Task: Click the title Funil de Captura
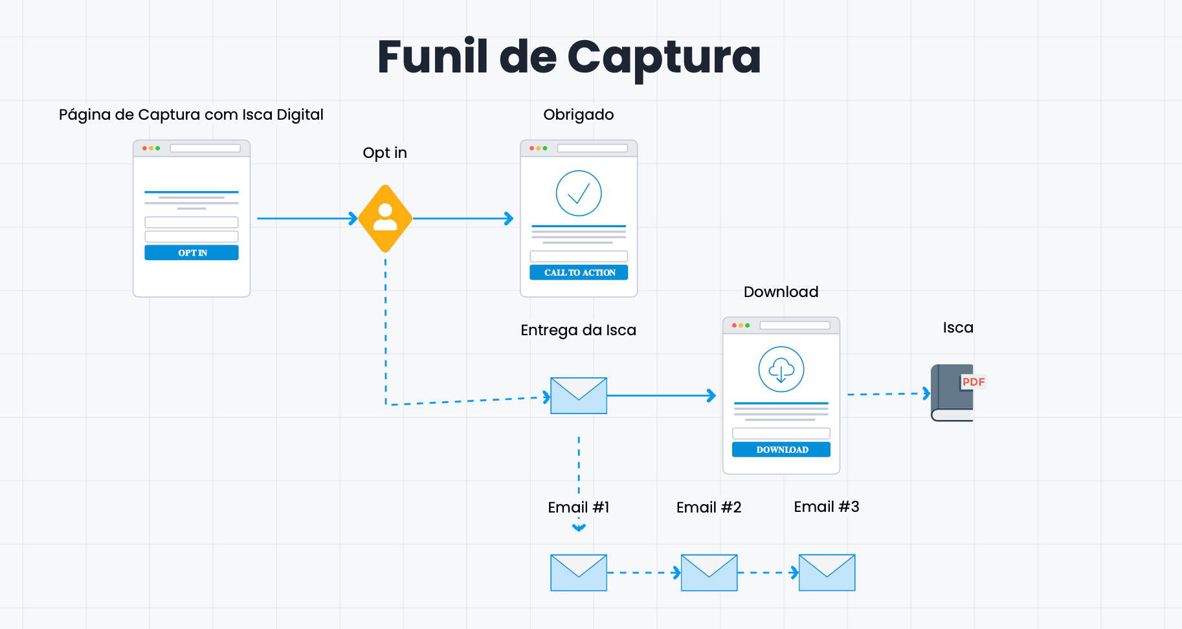point(569,57)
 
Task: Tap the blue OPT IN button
point(192,252)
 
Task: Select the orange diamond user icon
point(385,218)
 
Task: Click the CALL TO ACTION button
point(579,272)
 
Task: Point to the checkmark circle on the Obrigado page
point(579,193)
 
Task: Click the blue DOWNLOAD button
point(781,450)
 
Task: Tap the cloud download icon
point(781,370)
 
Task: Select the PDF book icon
point(953,393)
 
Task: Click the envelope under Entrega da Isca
point(579,395)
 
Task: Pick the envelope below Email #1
point(579,573)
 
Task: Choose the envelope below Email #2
point(709,573)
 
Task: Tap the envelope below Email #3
point(827,573)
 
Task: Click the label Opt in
point(385,153)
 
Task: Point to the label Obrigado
point(579,115)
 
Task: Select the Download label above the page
point(781,292)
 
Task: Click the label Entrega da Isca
point(578,330)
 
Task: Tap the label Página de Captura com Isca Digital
point(191,115)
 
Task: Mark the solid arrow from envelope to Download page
point(660,395)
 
